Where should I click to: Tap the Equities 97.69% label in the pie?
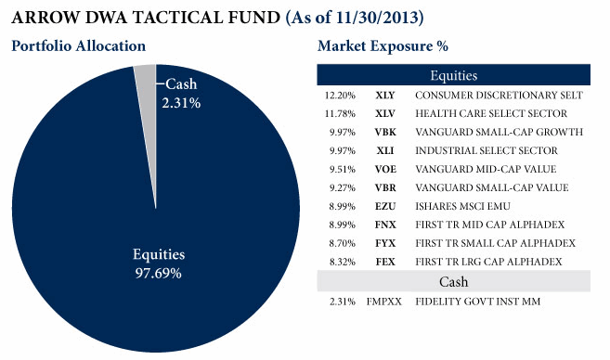point(159,264)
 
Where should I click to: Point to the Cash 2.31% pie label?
point(181,94)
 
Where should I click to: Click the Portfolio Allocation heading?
point(79,45)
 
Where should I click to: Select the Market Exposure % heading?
point(383,45)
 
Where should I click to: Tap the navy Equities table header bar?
point(454,75)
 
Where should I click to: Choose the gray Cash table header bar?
point(454,281)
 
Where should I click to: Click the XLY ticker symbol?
point(385,96)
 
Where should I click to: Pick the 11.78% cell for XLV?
point(340,113)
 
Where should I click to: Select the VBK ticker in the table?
point(385,132)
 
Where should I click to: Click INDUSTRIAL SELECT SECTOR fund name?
point(487,150)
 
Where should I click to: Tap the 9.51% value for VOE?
point(343,169)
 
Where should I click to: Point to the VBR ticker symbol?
point(385,187)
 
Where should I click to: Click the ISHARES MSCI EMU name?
point(462,206)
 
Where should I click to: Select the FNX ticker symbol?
point(385,225)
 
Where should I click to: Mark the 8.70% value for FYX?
point(343,243)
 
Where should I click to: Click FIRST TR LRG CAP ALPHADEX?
point(488,262)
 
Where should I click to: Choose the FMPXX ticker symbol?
point(384,302)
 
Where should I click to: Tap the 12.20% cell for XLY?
point(340,96)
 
